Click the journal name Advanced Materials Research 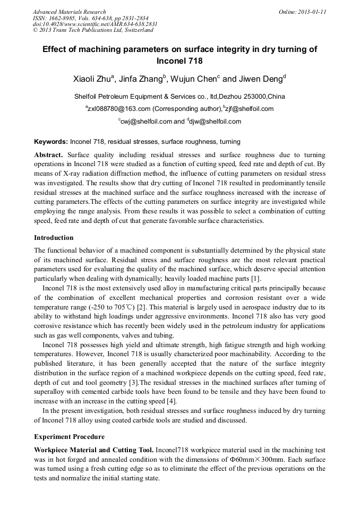[69, 12]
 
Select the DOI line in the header [95, 24]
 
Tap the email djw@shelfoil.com [215, 121]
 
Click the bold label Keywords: [51, 142]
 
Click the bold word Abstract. [48, 154]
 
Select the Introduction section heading [54, 237]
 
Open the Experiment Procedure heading [69, 437]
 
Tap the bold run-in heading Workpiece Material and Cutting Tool [94, 450]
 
